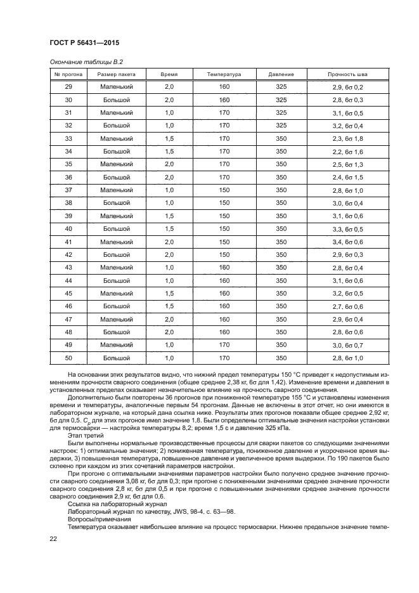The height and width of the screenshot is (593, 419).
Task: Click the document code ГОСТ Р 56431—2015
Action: (x=84, y=42)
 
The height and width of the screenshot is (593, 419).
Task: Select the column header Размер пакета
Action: (x=116, y=74)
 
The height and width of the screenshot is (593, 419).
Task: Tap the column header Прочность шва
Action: (x=347, y=74)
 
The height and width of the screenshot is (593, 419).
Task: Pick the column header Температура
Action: (x=224, y=74)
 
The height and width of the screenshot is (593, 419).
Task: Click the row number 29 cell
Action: (x=68, y=87)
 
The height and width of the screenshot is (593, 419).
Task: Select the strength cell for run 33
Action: (x=347, y=139)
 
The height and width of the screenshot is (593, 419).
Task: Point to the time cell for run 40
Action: (x=169, y=229)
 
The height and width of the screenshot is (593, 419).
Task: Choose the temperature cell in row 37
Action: (x=224, y=190)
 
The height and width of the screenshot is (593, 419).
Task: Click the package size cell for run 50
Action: (x=116, y=358)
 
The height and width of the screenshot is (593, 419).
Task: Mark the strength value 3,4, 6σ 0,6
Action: (x=347, y=242)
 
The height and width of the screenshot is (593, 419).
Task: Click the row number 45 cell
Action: (x=68, y=294)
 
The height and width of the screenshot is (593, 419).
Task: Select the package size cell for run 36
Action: (x=116, y=178)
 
